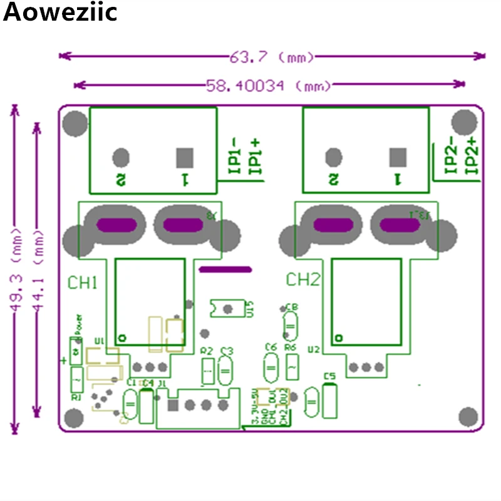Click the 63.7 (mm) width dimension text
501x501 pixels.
272,57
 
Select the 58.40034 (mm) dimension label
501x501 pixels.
268,85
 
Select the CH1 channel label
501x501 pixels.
82,283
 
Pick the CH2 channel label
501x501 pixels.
302,279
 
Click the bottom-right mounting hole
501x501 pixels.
468,416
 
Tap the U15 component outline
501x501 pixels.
226,308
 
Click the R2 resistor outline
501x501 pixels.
208,371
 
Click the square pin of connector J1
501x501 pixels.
173,405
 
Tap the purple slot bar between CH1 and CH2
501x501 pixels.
225,269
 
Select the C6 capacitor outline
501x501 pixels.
271,368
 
